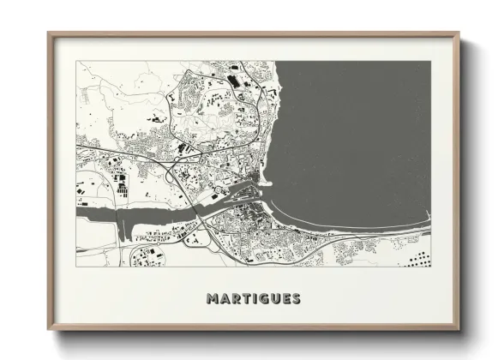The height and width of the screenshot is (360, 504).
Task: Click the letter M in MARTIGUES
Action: click(212, 299)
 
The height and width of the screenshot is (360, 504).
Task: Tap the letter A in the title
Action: click(225, 299)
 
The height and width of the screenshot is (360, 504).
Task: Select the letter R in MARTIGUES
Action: click(236, 299)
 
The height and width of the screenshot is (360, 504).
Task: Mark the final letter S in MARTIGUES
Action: click(297, 299)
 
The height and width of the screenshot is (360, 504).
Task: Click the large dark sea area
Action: click(360, 129)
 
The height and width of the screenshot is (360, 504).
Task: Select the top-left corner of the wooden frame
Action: click(49, 34)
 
